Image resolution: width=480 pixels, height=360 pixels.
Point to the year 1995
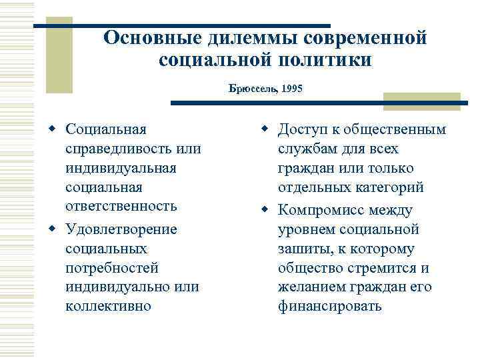(x=292, y=88)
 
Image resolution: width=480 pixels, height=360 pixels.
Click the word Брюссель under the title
(x=254, y=88)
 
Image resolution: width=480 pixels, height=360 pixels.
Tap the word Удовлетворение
(x=121, y=229)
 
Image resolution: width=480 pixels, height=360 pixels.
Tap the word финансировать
(x=330, y=306)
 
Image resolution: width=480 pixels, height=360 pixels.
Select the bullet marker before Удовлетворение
(x=52, y=229)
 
